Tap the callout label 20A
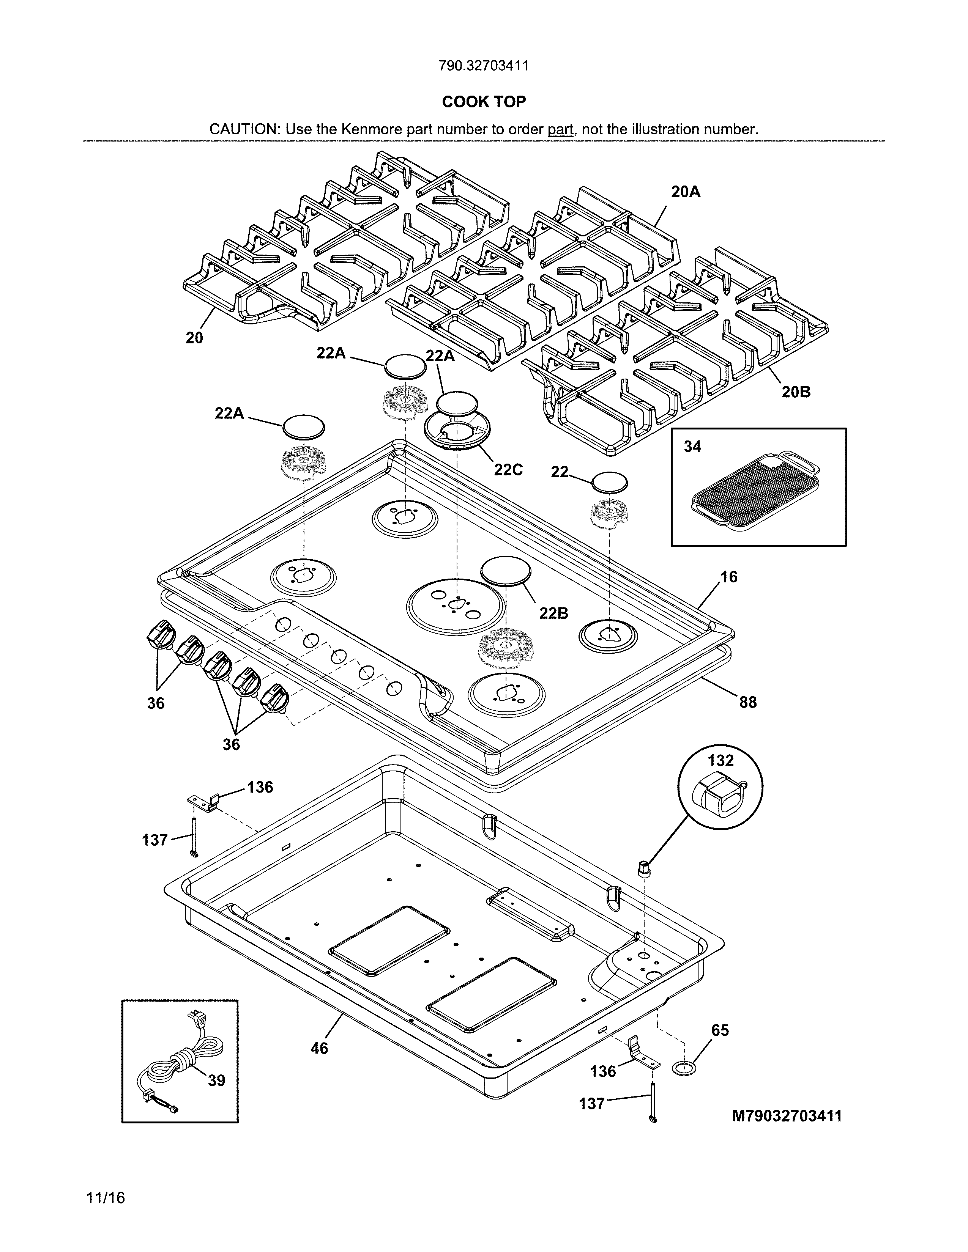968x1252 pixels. (x=686, y=192)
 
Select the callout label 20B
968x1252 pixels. (x=796, y=392)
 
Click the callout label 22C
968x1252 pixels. (x=508, y=470)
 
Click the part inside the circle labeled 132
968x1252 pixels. (x=719, y=797)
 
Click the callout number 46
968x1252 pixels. (x=319, y=1048)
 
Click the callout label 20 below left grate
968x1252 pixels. (x=194, y=338)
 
